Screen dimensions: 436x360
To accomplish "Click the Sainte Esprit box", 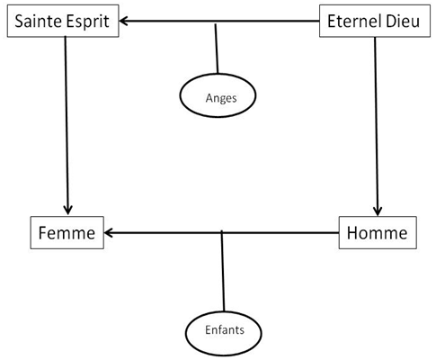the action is click(63, 21).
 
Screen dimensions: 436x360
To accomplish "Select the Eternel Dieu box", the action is click(375, 21).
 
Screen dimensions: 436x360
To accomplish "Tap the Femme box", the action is click(67, 233).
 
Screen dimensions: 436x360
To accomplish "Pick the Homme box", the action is click(378, 233).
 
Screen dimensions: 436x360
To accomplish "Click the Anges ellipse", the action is click(218, 95).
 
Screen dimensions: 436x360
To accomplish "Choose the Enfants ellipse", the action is click(224, 333).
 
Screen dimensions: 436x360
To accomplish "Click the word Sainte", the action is click(39, 22).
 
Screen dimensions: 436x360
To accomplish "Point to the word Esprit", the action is click(87, 22).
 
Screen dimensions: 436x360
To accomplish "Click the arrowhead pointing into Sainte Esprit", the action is click(123, 22).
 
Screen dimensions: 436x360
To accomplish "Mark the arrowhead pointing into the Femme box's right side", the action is click(109, 233).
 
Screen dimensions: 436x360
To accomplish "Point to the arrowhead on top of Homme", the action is click(378, 211).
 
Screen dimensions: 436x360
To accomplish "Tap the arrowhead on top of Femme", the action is click(68, 211).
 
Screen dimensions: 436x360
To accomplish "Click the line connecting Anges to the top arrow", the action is click(217, 49).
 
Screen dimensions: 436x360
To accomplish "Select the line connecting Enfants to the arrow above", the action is click(223, 271).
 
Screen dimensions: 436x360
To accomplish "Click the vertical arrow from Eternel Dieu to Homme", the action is click(376, 127).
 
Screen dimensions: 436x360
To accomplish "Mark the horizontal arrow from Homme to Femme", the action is click(222, 233).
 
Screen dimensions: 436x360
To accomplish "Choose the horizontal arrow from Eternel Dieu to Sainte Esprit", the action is click(219, 22).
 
